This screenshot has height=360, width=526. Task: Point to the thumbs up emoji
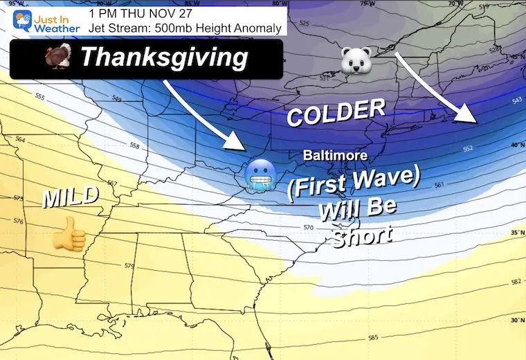click(x=69, y=233)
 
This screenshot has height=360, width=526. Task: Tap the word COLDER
click(x=336, y=111)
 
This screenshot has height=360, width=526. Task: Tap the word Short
click(x=362, y=237)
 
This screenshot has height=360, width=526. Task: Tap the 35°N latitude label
click(x=515, y=233)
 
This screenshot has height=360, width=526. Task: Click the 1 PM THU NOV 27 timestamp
click(x=141, y=13)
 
